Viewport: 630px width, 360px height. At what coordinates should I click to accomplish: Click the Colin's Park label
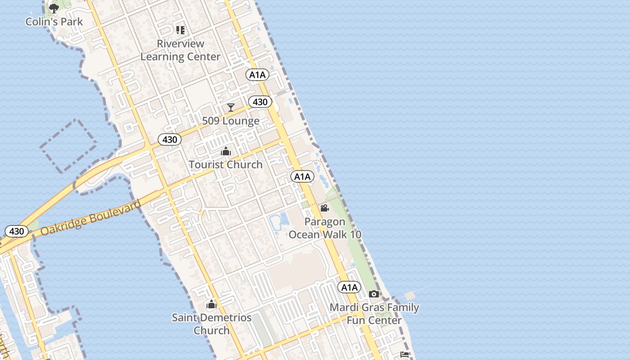point(54,22)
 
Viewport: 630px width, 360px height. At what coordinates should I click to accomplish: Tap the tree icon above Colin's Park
point(54,8)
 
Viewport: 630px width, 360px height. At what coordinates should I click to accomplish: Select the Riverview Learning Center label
point(180,50)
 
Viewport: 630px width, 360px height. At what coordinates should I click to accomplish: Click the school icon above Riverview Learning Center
point(180,30)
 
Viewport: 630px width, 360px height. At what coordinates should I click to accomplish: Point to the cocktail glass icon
point(231,107)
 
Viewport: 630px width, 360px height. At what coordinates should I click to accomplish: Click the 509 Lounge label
point(231,121)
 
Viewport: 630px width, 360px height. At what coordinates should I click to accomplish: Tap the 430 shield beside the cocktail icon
point(260,102)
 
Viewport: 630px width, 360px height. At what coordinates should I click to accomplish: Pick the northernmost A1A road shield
point(257,75)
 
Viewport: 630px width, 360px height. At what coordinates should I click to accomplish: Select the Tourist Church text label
point(225,165)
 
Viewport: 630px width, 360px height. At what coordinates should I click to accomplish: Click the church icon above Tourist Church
point(225,152)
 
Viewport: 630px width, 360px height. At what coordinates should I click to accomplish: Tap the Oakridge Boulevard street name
point(90,218)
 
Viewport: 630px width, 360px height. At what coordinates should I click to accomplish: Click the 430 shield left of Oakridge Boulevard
point(17,231)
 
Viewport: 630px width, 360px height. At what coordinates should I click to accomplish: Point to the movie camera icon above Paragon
point(324,208)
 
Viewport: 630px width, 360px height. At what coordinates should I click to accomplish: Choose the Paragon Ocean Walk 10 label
point(325,228)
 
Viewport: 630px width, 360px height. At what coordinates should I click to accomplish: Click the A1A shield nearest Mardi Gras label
point(349,288)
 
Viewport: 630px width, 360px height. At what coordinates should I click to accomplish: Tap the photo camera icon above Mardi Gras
point(374,294)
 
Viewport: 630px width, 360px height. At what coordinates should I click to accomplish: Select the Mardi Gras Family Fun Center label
point(374,314)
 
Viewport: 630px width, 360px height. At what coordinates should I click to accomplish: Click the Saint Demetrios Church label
point(211,324)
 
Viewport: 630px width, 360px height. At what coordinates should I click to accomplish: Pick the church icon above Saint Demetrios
point(211,305)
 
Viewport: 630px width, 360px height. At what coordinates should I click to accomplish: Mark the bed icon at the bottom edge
point(404,355)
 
